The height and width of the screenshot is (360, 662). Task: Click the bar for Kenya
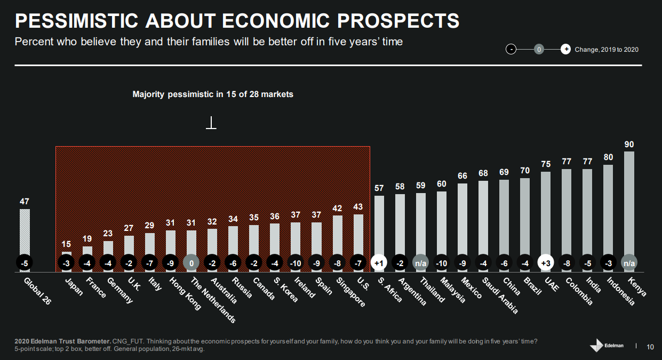[x=629, y=203]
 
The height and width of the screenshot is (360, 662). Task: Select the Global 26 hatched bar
[x=25, y=232]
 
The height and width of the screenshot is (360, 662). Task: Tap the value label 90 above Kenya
[x=629, y=145]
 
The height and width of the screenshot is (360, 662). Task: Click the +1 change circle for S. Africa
[x=379, y=263]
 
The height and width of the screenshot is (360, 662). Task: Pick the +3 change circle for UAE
[x=546, y=263]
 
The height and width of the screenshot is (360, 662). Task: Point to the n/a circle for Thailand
[x=421, y=263]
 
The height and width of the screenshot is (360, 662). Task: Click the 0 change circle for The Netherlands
[x=191, y=263]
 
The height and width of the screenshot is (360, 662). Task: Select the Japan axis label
[x=73, y=286]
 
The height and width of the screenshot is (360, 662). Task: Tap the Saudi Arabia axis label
[x=499, y=294]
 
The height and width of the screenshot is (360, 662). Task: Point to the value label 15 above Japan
[x=67, y=244]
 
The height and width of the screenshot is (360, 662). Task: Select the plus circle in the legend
[x=565, y=50]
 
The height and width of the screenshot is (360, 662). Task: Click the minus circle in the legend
[x=511, y=50]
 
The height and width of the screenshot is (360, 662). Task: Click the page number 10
[x=650, y=347]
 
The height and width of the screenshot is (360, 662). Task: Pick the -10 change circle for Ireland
[x=296, y=263]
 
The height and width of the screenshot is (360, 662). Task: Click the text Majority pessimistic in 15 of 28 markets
[x=213, y=94]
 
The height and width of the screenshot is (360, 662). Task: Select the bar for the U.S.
[x=358, y=235]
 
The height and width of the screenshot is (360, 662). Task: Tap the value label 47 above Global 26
[x=25, y=202]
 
